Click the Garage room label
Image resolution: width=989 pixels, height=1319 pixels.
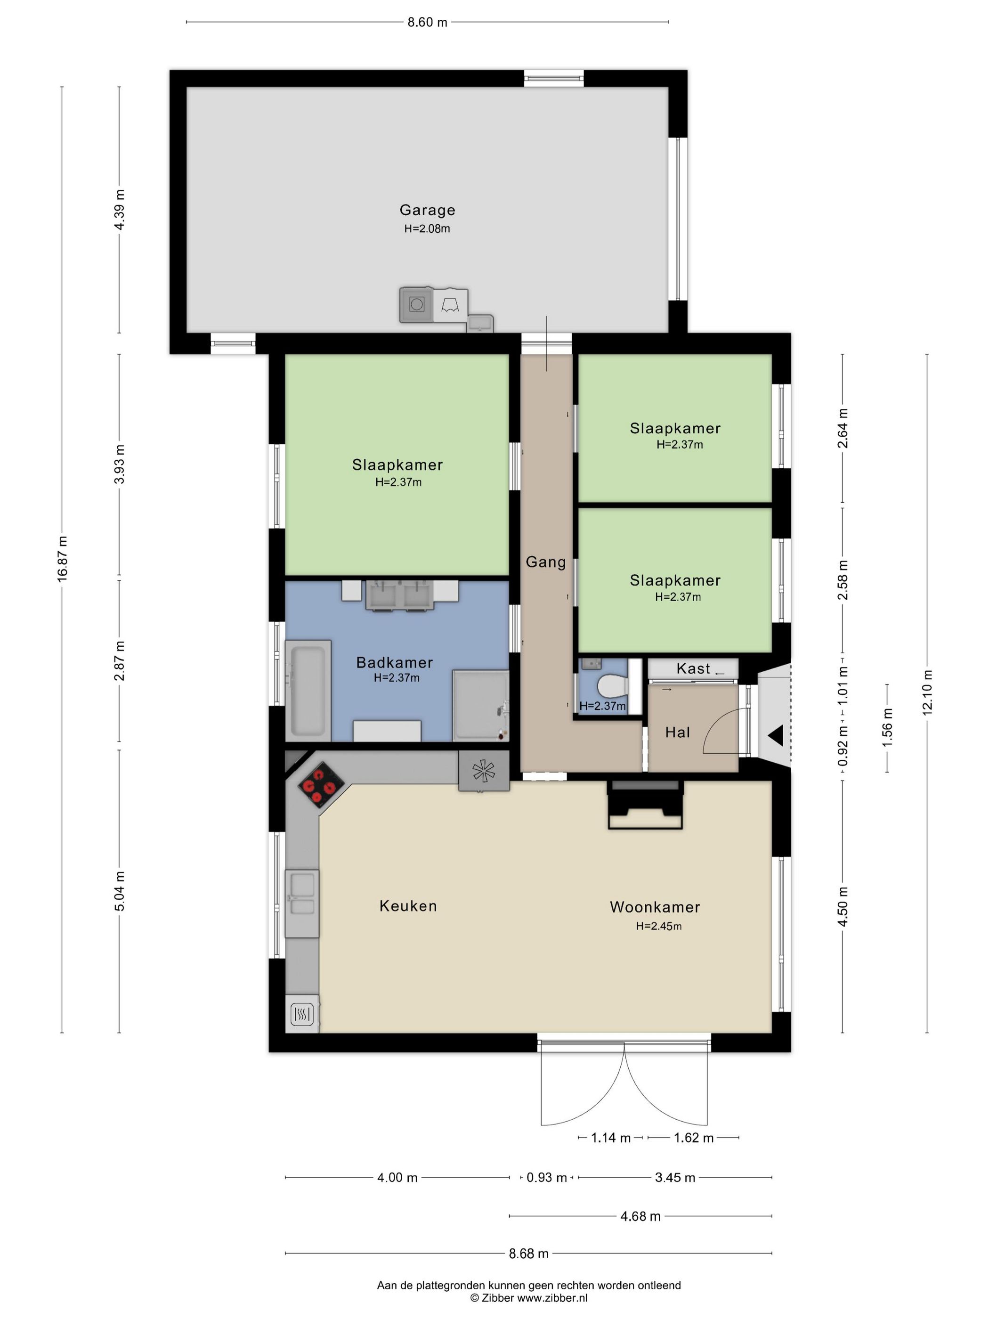427,210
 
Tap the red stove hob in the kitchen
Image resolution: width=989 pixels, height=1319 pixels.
321,785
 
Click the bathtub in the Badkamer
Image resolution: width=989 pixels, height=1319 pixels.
308,691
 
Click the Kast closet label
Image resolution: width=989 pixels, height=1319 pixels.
693,668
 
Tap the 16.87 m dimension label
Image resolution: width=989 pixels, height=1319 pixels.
62,558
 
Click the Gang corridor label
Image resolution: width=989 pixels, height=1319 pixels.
545,562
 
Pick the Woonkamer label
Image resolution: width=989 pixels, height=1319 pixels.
655,907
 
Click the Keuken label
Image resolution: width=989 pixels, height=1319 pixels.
408,906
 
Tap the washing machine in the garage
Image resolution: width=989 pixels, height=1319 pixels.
416,305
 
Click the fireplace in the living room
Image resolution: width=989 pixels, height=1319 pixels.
645,805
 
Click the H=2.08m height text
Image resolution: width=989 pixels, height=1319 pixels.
427,228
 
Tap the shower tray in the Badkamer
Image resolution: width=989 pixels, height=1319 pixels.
480,705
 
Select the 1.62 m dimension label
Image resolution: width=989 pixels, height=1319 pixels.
693,1138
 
